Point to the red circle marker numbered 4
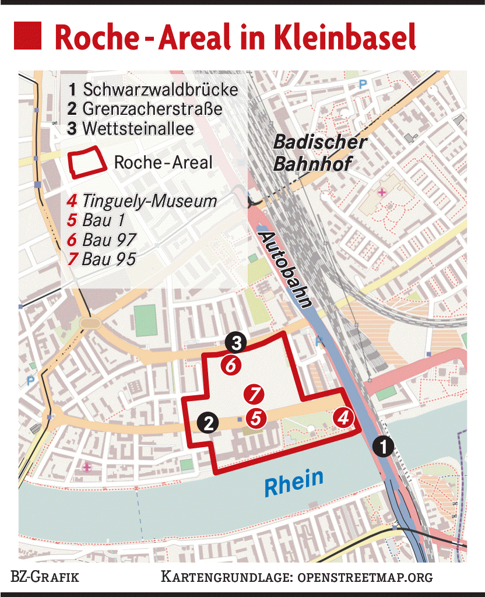tap(344, 417)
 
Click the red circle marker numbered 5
tap(255, 417)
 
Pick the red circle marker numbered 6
tap(231, 366)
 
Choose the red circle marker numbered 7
tap(254, 395)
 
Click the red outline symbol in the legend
tap(88, 163)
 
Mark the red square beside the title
tap(27, 36)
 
